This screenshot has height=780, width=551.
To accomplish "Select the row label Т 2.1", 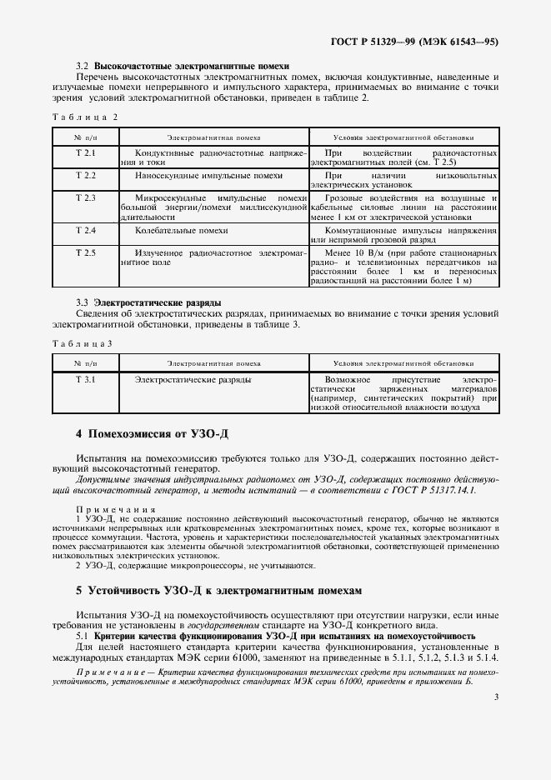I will point(86,154).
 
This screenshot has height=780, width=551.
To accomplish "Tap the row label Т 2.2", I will point(86,176).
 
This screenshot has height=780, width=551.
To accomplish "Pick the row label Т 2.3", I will point(86,197).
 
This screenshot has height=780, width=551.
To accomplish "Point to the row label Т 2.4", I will point(86,229).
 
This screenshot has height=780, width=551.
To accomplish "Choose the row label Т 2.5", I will point(86,252).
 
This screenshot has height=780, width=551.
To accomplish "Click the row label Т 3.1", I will point(86,380).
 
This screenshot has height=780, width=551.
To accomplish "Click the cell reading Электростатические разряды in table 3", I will point(193,380).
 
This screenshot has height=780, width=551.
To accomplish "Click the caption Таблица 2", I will point(83,117).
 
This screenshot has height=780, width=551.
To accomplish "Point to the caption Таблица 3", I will point(82,343).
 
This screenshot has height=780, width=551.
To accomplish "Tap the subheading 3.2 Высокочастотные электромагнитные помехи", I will point(182,64).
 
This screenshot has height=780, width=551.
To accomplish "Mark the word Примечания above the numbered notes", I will point(104,509).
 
